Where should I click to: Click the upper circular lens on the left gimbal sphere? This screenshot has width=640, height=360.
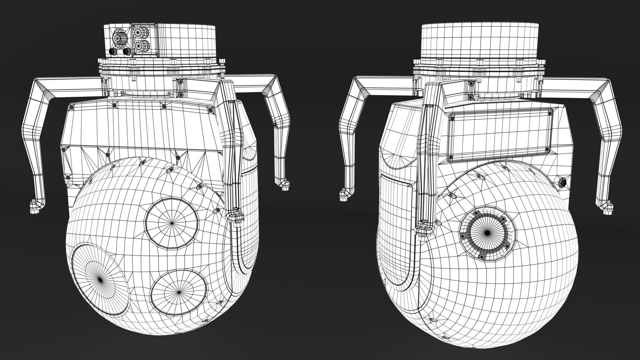pyautogui.click(x=172, y=222)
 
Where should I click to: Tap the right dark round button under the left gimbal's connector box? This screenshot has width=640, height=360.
pyautogui.click(x=126, y=52)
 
